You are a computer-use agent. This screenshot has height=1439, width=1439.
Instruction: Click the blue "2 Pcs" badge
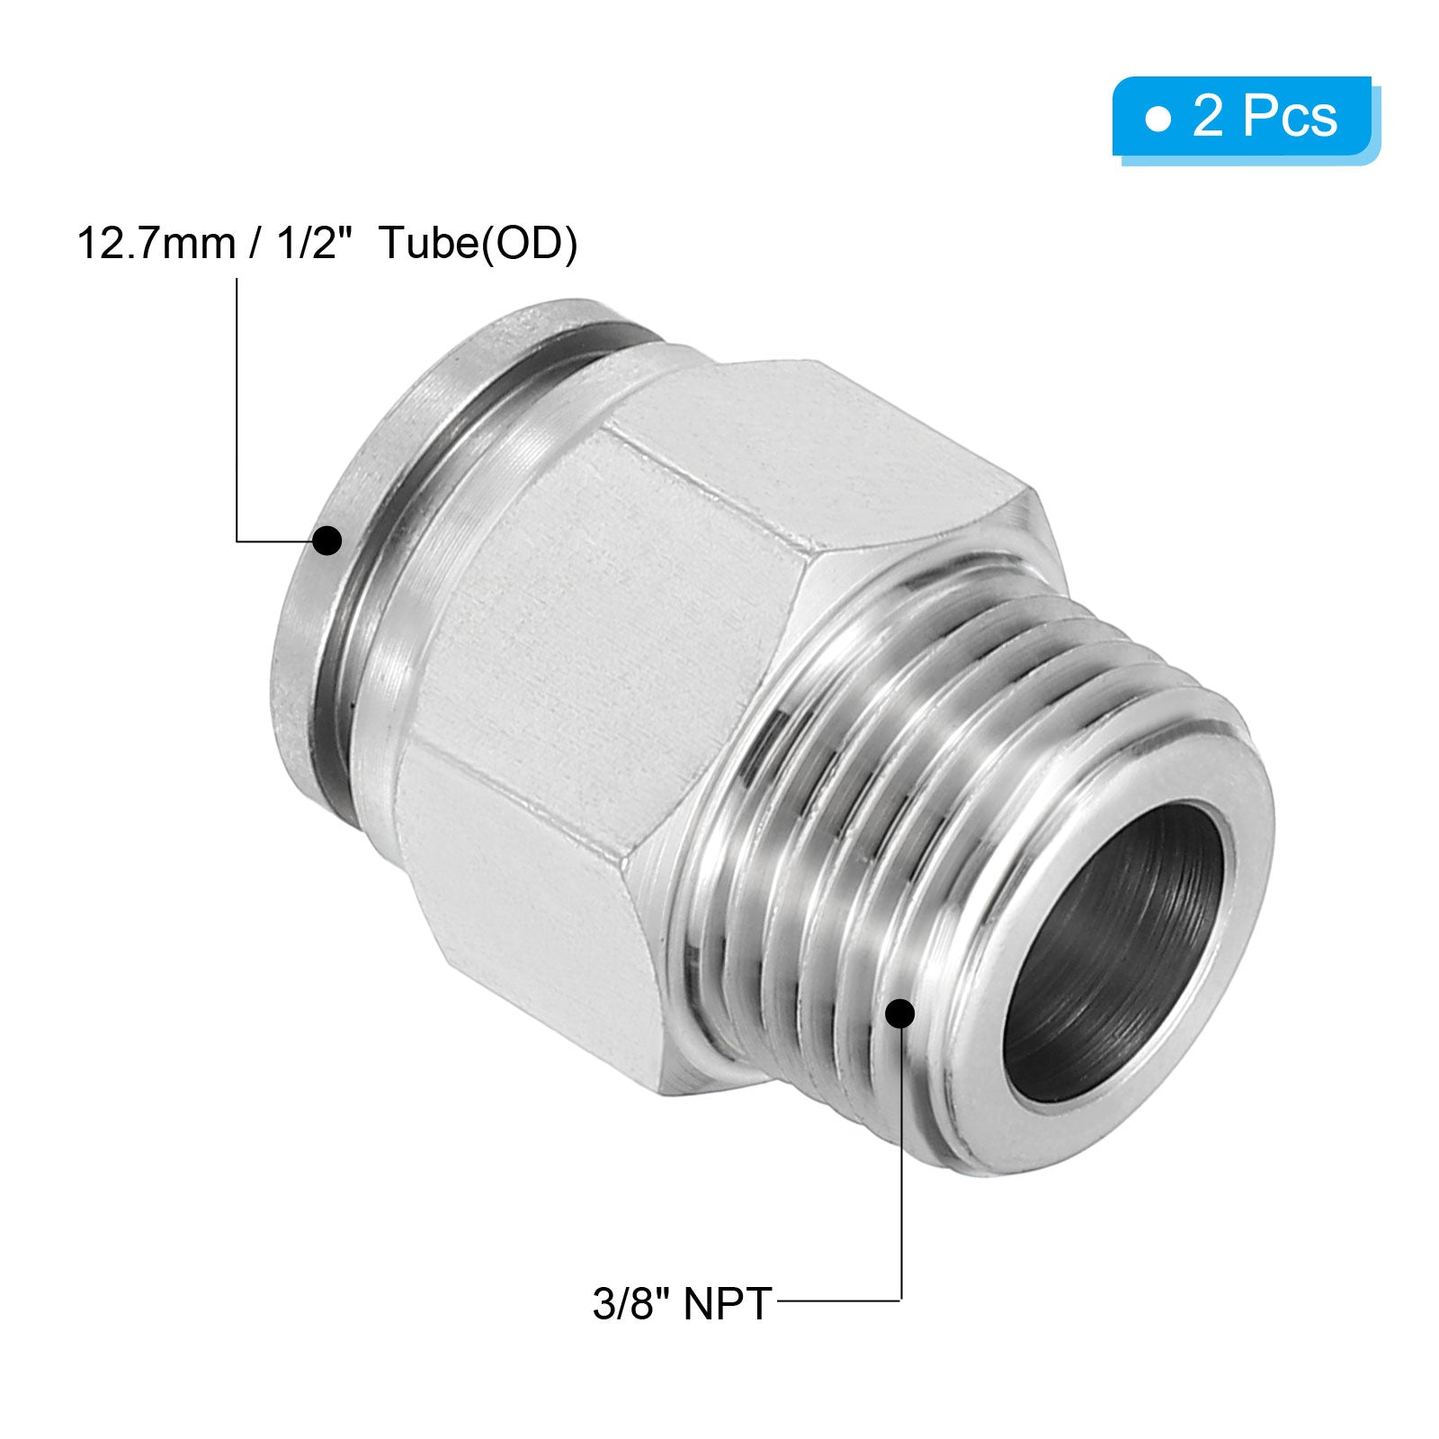coord(1246,120)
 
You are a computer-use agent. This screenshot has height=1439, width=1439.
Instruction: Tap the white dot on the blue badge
coord(1159,118)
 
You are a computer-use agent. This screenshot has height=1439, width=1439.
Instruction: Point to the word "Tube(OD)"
coord(478,244)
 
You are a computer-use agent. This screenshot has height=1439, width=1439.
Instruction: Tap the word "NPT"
coord(728,1303)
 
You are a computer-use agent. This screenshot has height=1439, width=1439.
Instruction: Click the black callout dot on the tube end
coord(327,541)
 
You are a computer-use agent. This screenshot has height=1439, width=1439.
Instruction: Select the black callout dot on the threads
coord(900,1014)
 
